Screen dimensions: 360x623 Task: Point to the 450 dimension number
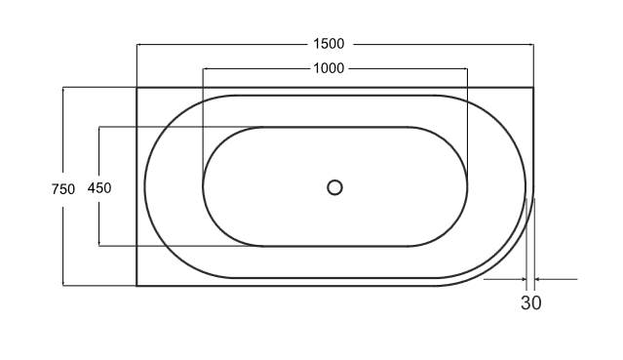tap(99, 188)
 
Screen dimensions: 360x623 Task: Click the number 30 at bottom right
tap(530, 302)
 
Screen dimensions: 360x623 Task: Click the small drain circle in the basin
tap(334, 186)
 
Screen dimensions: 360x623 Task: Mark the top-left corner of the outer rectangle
tap(136, 88)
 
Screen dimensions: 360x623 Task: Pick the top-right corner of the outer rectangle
tap(533, 88)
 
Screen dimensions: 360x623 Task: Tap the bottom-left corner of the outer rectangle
tap(136, 286)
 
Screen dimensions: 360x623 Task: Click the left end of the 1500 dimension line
tap(136, 45)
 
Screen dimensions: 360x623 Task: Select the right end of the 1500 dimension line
tap(533, 45)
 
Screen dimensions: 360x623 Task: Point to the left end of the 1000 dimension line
tap(203, 68)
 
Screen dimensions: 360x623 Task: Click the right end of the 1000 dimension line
tap(467, 68)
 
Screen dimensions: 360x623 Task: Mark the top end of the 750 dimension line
tap(63, 88)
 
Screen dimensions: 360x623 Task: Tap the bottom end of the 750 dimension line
tap(63, 286)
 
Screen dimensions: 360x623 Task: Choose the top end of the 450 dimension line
tap(99, 128)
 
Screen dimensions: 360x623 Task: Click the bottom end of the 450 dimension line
tap(99, 245)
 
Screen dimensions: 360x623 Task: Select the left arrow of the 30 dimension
tap(526, 279)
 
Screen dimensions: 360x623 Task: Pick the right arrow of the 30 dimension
tap(535, 279)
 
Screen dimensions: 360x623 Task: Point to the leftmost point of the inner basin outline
tap(203, 186)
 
